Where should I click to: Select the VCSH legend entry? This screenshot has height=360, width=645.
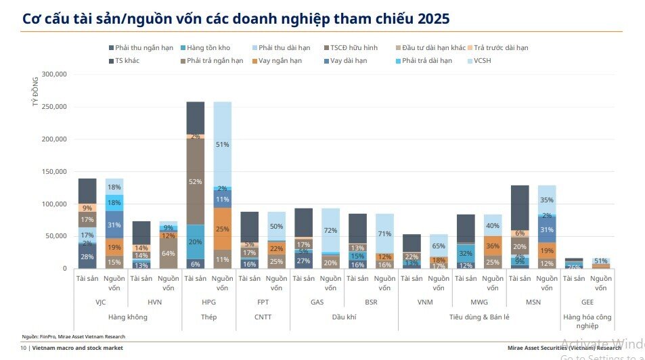click(x=483, y=61)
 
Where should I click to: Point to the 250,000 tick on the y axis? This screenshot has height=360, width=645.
click(x=53, y=107)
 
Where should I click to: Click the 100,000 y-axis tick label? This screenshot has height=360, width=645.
click(x=53, y=204)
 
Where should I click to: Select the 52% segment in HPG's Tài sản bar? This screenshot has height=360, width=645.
click(x=196, y=181)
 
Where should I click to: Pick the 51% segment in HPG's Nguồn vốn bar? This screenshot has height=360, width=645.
click(x=223, y=144)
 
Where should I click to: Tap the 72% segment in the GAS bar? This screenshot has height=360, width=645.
click(x=331, y=231)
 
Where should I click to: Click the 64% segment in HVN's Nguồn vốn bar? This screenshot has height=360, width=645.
click(x=169, y=254)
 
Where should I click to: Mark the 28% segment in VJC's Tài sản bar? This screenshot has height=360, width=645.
click(x=87, y=256)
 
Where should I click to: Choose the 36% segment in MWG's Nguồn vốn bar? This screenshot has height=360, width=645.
click(x=493, y=246)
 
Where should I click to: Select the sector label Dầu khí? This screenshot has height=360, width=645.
click(x=344, y=317)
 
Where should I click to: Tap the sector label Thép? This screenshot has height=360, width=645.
click(x=209, y=317)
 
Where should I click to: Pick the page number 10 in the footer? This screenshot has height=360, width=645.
click(x=23, y=348)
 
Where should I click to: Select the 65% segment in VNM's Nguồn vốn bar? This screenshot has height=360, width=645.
click(x=439, y=246)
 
